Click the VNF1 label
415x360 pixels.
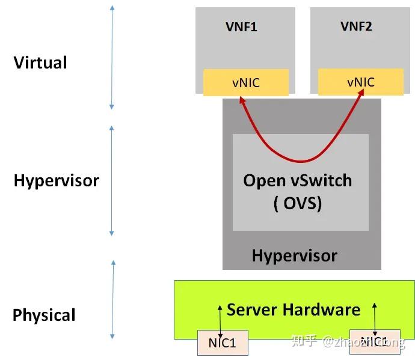click(241, 27)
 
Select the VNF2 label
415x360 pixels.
click(356, 26)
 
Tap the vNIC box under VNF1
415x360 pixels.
click(245, 82)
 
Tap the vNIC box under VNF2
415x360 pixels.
click(360, 82)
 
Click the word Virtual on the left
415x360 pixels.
click(40, 63)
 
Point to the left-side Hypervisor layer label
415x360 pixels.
click(56, 180)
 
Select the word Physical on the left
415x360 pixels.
click(44, 315)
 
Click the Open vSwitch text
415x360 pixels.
click(298, 180)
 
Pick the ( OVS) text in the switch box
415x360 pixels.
click(298, 203)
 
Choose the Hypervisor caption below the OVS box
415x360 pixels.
click(294, 255)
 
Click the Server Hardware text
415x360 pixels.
click(294, 310)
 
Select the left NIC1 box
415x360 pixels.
click(222, 343)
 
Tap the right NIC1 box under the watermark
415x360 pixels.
click(373, 342)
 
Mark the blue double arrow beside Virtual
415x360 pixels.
click(112, 57)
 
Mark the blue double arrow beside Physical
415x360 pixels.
click(112, 300)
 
